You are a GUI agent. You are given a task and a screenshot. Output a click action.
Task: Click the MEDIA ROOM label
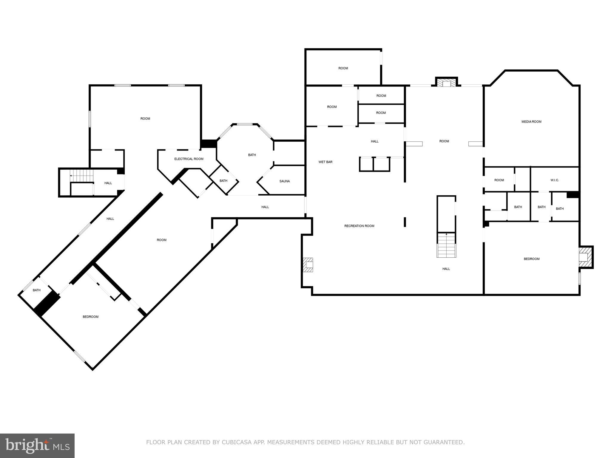click(x=531, y=122)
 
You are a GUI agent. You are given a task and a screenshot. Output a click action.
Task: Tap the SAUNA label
click(x=284, y=181)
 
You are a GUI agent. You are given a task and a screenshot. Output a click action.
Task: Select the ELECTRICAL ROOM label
click(x=189, y=159)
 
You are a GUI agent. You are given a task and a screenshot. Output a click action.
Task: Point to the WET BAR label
click(x=325, y=162)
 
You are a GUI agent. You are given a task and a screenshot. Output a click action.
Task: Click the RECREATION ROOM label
click(x=359, y=226)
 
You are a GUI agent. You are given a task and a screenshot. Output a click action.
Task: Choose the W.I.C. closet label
click(x=555, y=180)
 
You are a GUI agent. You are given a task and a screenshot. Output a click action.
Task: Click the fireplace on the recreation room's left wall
click(x=308, y=265)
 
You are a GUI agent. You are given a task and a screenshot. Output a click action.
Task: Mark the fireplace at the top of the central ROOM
click(x=446, y=83)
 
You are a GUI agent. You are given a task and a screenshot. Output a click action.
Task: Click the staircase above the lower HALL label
click(x=446, y=245)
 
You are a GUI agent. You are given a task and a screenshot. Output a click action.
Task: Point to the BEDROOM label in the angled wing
click(x=90, y=317)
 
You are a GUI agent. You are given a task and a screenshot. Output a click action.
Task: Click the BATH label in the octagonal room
click(x=252, y=155)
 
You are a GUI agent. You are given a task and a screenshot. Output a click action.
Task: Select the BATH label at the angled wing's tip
click(x=37, y=290)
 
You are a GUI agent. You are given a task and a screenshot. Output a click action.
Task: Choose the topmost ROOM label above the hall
click(x=343, y=68)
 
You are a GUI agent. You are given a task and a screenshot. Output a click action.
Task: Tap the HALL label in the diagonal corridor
click(x=110, y=219)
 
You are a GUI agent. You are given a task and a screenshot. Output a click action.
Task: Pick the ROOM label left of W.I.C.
click(x=499, y=180)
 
